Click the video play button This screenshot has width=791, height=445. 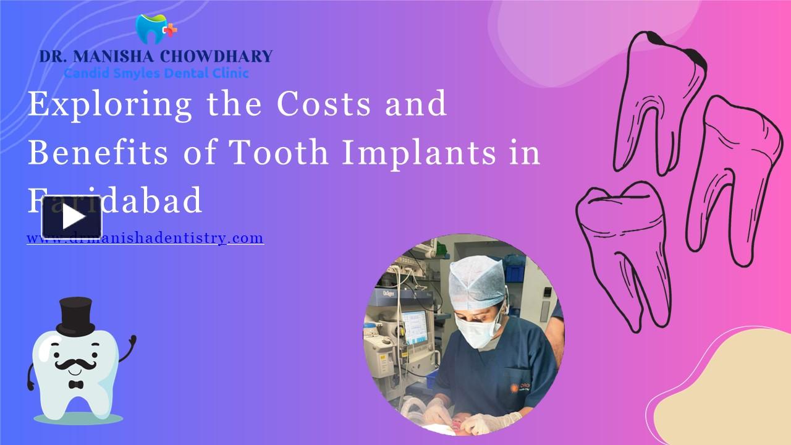72,217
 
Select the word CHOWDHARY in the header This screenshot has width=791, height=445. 216,56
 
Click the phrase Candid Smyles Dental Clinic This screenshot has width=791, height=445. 156,73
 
